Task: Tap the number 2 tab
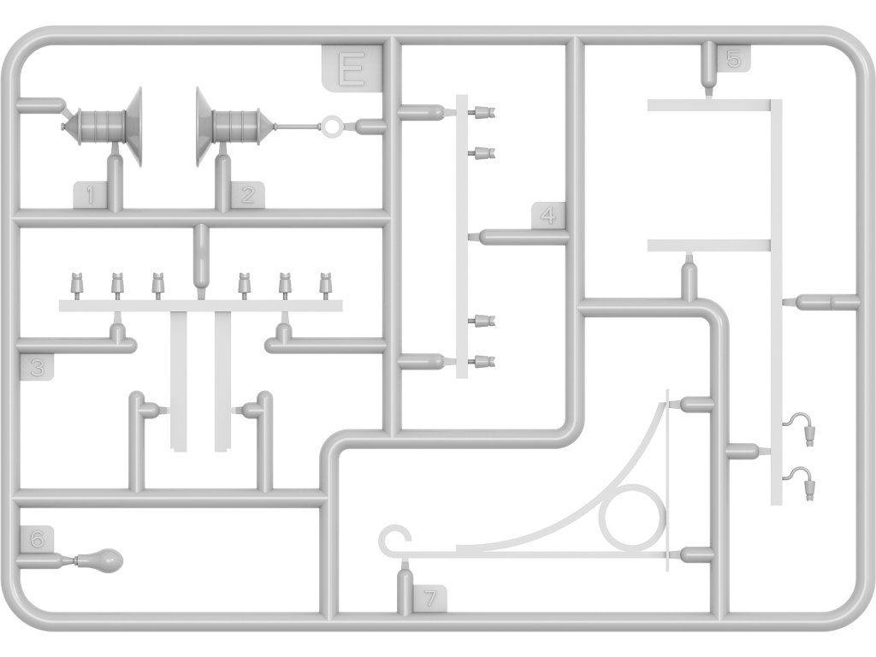tap(247, 196)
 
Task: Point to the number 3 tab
tap(35, 368)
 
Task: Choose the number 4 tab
tap(548, 216)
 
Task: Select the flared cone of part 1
tap(133, 126)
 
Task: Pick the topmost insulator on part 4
tap(482, 111)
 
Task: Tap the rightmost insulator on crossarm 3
tap(325, 282)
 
